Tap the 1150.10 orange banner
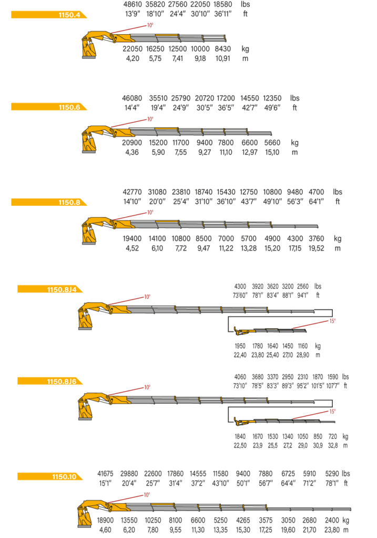click(50, 477)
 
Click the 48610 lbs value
click(133, 4)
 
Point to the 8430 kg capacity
click(223, 49)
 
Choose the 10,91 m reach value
click(223, 58)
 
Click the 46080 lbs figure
click(132, 98)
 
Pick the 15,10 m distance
click(272, 152)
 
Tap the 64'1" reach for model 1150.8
click(316, 201)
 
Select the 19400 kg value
click(132, 239)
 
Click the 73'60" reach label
click(240, 295)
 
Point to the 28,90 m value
click(303, 355)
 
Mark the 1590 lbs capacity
click(333, 377)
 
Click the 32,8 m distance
click(333, 446)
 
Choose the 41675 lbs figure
click(105, 473)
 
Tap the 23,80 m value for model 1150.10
click(332, 530)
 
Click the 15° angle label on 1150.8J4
click(332, 321)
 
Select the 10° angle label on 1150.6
click(150, 119)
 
